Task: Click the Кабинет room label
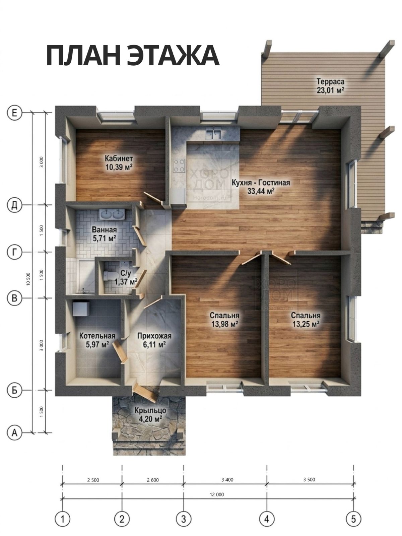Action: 119,158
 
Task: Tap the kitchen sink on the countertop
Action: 214,134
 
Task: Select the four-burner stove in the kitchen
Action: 179,166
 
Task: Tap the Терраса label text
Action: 330,81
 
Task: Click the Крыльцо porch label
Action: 150,410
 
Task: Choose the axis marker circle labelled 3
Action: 184,517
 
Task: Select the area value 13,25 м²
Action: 306,324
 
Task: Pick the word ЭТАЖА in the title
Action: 173,56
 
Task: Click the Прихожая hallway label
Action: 154,336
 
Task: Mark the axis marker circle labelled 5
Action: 353,517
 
